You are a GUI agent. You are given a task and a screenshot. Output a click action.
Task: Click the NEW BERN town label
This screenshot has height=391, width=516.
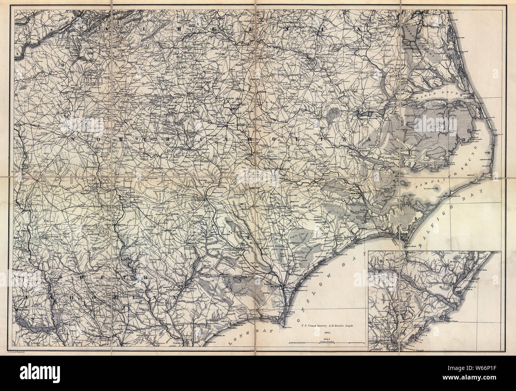(356, 194)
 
